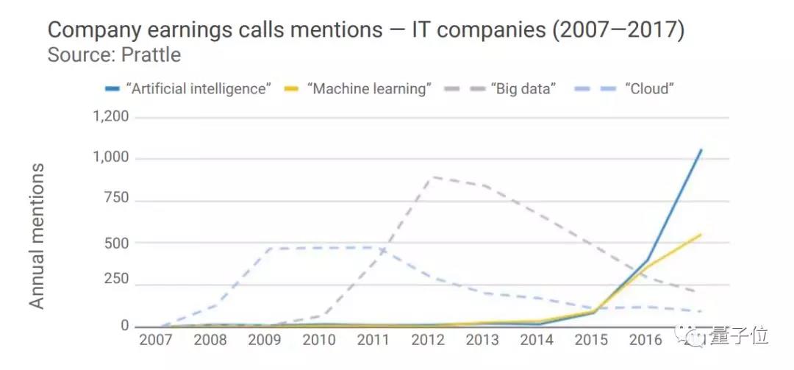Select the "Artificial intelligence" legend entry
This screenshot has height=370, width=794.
[198, 89]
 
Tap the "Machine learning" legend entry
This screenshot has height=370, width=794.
[368, 89]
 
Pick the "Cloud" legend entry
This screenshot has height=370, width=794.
[649, 89]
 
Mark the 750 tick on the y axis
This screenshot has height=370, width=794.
[115, 199]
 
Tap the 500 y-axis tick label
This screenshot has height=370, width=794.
[115, 242]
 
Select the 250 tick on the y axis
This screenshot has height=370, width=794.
[115, 280]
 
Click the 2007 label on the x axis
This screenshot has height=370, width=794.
[157, 341]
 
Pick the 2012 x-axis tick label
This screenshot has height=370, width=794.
[429, 341]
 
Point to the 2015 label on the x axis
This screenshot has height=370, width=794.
[592, 341]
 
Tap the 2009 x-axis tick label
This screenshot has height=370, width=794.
[265, 341]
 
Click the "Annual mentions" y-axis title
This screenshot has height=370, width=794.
[37, 236]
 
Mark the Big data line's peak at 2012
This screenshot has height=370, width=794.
[430, 177]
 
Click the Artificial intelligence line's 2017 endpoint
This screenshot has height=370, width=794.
[701, 150]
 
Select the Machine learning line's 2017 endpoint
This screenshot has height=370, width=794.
[701, 235]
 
